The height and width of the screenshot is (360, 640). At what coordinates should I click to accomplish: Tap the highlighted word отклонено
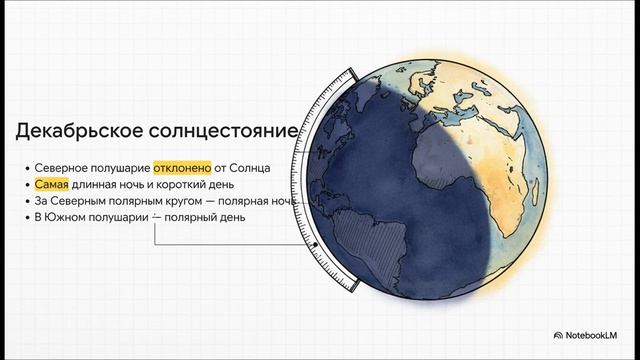coord(182,168)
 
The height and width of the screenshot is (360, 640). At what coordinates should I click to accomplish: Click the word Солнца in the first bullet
coord(252,168)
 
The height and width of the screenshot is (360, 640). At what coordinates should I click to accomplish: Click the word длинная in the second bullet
coord(104,185)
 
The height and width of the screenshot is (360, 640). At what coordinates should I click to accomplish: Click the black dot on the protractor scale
coord(314,244)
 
